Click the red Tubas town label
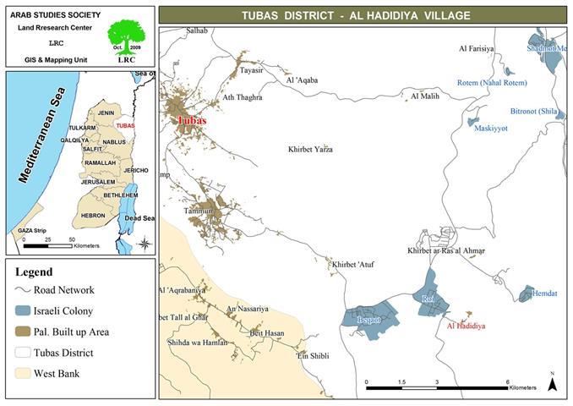click(x=192, y=121)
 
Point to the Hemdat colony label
click(x=538, y=293)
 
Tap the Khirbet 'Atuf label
click(x=353, y=265)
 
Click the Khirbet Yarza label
click(x=309, y=150)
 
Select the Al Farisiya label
click(x=476, y=50)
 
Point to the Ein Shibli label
click(x=312, y=356)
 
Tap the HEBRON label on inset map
click(x=93, y=216)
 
